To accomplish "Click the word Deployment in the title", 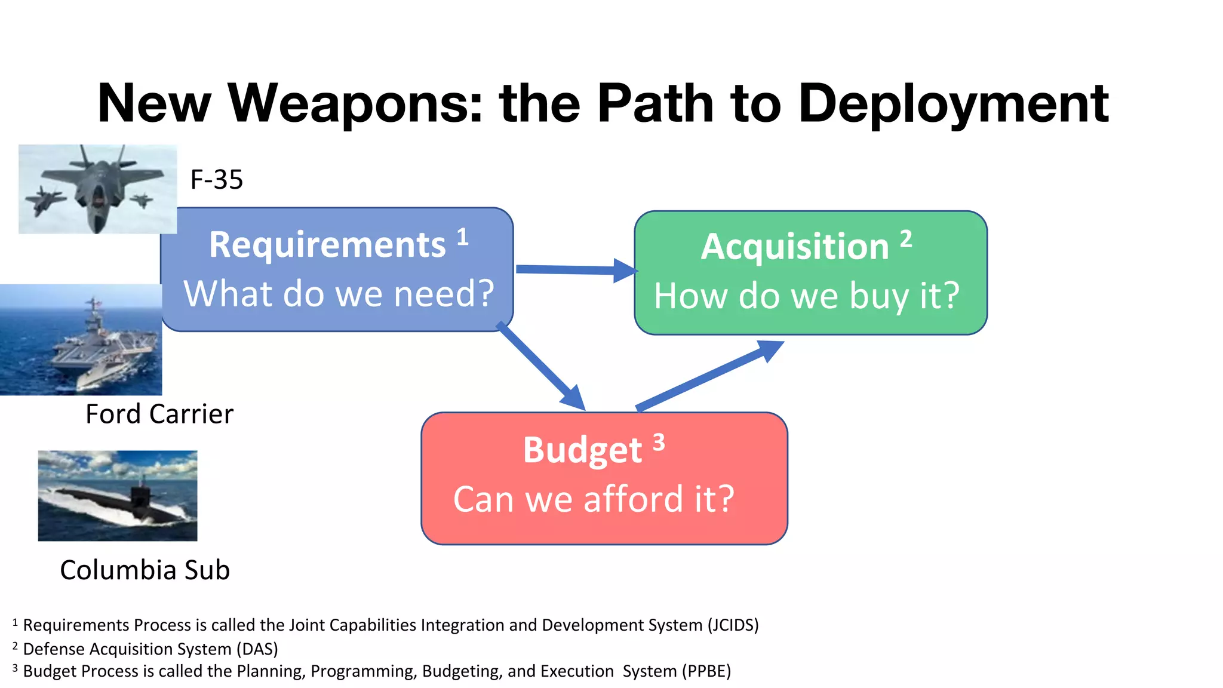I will pos(953,104).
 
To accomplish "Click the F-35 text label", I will pos(216,180).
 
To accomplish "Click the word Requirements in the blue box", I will pos(327,245).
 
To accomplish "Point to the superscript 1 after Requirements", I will pos(463,237).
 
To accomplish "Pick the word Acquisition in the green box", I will pos(795,247).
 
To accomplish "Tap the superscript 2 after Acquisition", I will pos(906,239).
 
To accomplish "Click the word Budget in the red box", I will pos(582,450).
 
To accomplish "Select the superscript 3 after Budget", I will pos(659,443).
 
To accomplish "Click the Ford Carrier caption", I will pos(159,414).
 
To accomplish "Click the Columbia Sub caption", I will pos(145,570).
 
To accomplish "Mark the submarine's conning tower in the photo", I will pos(141,493).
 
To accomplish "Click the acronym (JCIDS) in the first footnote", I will pos(733,625).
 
